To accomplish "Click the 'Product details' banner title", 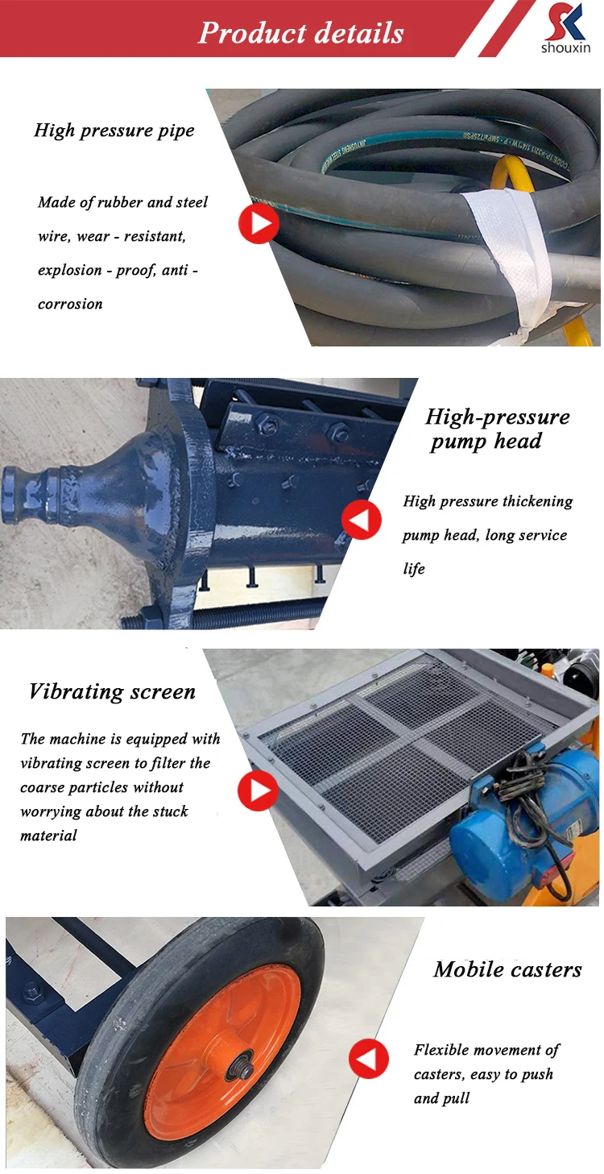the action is (300, 33).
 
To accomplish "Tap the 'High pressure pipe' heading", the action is (114, 131).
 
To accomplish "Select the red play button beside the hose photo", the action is (259, 223).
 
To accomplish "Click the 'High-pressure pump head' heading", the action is (498, 429).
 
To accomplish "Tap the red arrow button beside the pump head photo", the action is (362, 520).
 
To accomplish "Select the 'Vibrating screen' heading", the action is (112, 691).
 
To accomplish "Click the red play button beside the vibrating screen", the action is (259, 790).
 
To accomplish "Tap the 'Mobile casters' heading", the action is (507, 969).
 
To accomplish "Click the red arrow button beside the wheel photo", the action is (369, 1058).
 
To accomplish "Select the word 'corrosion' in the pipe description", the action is (70, 304).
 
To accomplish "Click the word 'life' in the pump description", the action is (414, 569).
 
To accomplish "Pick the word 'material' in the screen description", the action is (48, 836).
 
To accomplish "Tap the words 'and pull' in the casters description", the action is (441, 1098).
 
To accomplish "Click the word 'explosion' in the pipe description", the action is (70, 271).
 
